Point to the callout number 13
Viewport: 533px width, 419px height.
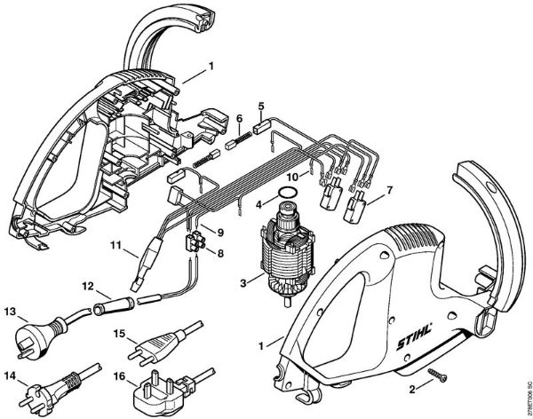point(11,312)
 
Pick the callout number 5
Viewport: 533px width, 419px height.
point(260,107)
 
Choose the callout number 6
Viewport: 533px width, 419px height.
point(239,118)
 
